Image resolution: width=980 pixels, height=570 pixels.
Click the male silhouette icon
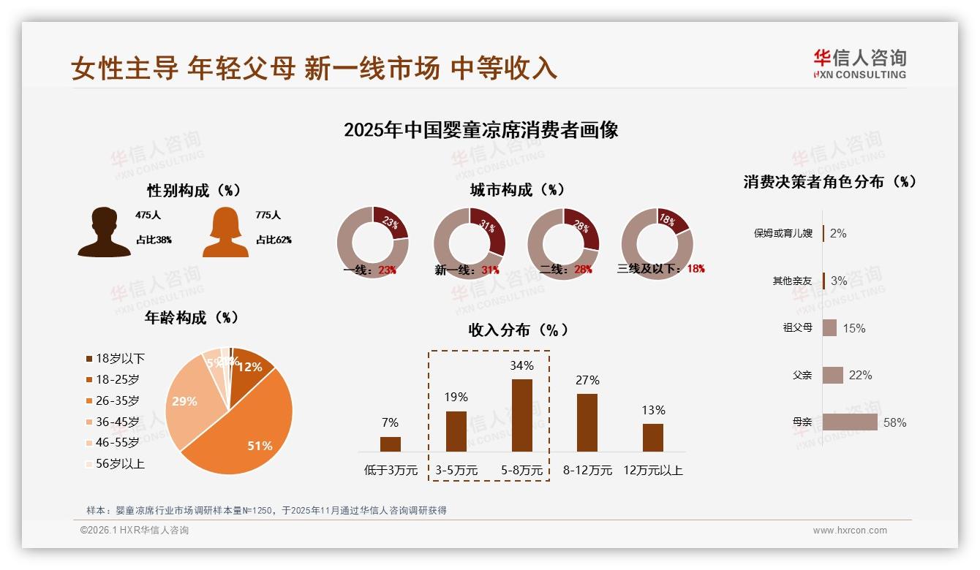pos(104,232)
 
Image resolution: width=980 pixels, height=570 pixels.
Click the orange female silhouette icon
pos(225,232)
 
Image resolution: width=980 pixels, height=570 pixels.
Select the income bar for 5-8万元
pos(521,415)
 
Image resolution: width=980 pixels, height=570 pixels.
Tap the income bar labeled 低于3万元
pos(391,444)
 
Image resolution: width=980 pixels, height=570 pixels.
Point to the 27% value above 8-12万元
pos(587,380)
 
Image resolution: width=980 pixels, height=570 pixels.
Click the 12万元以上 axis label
pos(652,471)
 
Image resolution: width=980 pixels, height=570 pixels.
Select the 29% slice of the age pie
pos(186,402)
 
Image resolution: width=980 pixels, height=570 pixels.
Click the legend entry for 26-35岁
pos(117,400)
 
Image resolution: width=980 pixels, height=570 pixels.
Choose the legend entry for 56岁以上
pos(120,463)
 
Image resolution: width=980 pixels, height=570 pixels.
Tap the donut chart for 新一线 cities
pos(470,243)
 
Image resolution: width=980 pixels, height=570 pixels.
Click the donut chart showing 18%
pos(657,243)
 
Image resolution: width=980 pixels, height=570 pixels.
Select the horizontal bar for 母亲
pos(850,422)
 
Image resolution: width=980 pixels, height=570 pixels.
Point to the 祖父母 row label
pos(797,328)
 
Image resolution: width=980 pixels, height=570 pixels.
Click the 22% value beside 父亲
pos(860,376)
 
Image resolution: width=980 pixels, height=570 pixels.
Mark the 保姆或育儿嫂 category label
pos(783,234)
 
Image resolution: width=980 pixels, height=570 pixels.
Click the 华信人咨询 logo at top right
pos(859,64)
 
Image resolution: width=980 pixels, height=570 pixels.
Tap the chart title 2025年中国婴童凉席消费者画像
pos(481,130)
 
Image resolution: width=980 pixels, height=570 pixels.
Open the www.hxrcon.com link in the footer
pos(850,531)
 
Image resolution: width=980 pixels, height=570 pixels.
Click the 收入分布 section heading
pos(518,330)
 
